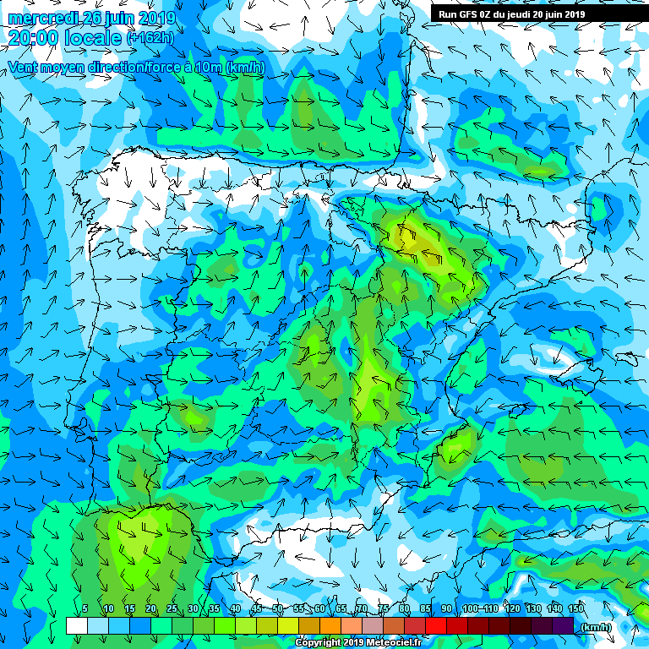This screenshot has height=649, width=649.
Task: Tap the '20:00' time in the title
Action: pyautogui.click(x=34, y=37)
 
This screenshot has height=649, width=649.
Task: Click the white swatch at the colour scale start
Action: pyautogui.click(x=77, y=626)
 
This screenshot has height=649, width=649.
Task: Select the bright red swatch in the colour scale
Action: pyautogui.click(x=436, y=626)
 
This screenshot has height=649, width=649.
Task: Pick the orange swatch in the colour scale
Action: pyautogui.click(x=330, y=626)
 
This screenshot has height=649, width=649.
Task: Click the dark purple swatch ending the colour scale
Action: pyautogui.click(x=563, y=626)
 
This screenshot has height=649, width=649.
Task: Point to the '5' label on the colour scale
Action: pyautogui.click(x=85, y=609)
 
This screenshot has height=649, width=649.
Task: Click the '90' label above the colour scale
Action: pyautogui.click(x=446, y=609)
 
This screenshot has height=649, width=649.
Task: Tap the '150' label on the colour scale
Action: pyautogui.click(x=576, y=609)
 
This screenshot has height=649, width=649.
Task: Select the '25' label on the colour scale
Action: pyautogui.click(x=172, y=609)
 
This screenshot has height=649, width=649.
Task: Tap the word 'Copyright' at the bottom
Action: pyautogui.click(x=319, y=642)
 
